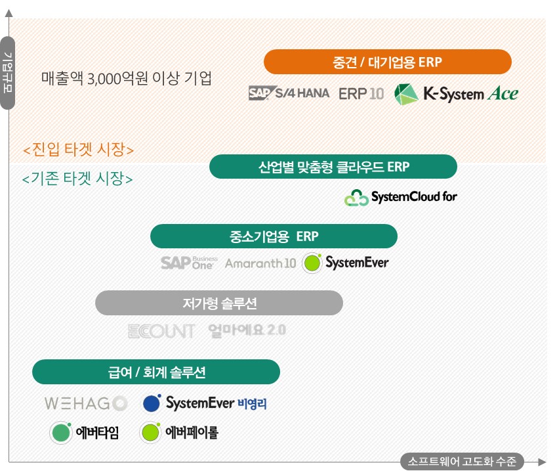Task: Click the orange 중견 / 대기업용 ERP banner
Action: click(x=387, y=62)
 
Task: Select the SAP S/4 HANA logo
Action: click(x=289, y=93)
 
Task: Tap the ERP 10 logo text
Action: click(x=361, y=93)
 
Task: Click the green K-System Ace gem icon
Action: click(x=406, y=94)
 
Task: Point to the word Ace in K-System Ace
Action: click(x=503, y=94)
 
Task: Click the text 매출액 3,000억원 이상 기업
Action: click(x=127, y=78)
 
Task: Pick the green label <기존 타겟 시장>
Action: click(x=77, y=178)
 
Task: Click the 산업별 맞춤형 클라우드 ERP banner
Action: click(x=333, y=167)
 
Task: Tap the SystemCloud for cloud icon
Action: click(x=356, y=197)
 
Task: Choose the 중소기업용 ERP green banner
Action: click(x=274, y=236)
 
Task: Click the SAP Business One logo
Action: click(x=189, y=263)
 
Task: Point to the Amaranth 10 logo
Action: click(x=260, y=264)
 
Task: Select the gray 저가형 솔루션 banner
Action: click(x=219, y=303)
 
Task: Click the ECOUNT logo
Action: click(x=161, y=330)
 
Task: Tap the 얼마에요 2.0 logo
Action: click(x=247, y=330)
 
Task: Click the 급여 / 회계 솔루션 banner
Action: click(x=156, y=372)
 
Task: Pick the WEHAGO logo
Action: click(x=85, y=403)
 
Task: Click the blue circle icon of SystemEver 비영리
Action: click(x=152, y=403)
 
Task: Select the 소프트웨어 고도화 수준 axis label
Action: click(x=462, y=461)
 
